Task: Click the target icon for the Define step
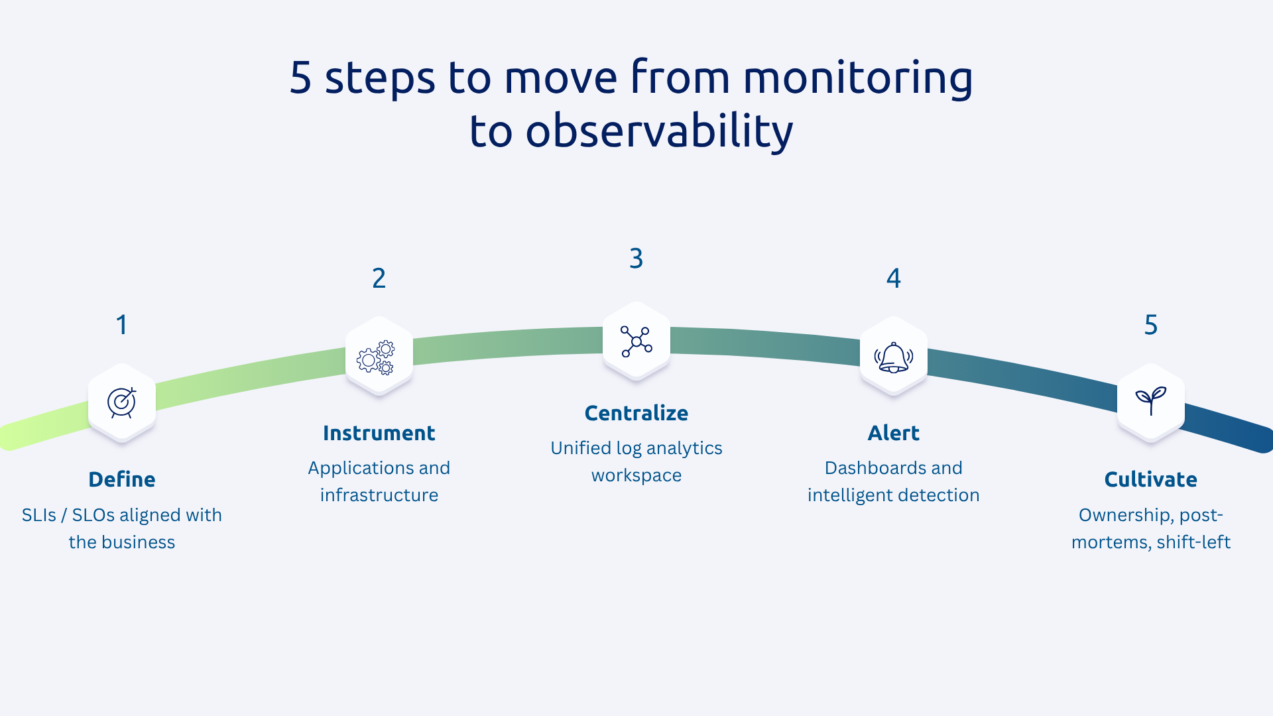coord(122,402)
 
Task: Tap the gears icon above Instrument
coord(376,358)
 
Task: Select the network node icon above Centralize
coord(636,341)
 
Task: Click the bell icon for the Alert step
coord(893,358)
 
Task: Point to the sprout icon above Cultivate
coord(1150,400)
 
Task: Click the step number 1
coord(122,325)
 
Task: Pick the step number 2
coord(379,278)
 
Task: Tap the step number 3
coord(636,259)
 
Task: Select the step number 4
coord(893,278)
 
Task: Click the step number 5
coord(1150,325)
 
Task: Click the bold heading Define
coord(122,479)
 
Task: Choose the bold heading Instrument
coord(379,433)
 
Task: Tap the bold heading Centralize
coord(636,413)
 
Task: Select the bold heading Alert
coord(893,433)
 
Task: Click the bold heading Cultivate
coord(1150,479)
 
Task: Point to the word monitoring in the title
coord(857,78)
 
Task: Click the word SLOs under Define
coord(93,515)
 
